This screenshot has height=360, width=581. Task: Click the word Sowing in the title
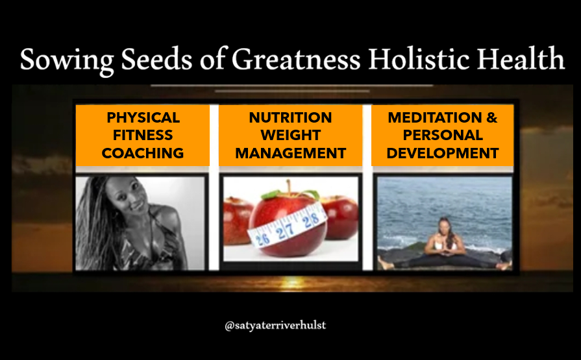[67, 60]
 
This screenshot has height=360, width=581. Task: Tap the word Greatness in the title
[295, 60]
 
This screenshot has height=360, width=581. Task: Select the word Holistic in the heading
[417, 58]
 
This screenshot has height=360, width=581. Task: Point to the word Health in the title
[520, 58]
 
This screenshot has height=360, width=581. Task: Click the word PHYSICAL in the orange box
[143, 117]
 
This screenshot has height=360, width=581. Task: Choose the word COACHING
[143, 153]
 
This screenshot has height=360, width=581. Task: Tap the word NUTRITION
[291, 117]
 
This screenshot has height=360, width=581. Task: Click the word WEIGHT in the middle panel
[291, 135]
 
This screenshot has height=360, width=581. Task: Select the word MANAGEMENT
[291, 153]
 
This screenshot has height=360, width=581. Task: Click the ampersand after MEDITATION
[492, 117]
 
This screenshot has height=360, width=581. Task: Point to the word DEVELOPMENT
[443, 153]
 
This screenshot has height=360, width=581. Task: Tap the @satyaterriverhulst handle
[275, 326]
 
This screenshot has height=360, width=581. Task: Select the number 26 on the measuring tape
[262, 239]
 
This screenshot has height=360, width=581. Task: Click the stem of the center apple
[288, 187]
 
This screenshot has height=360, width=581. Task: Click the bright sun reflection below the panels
[293, 283]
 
